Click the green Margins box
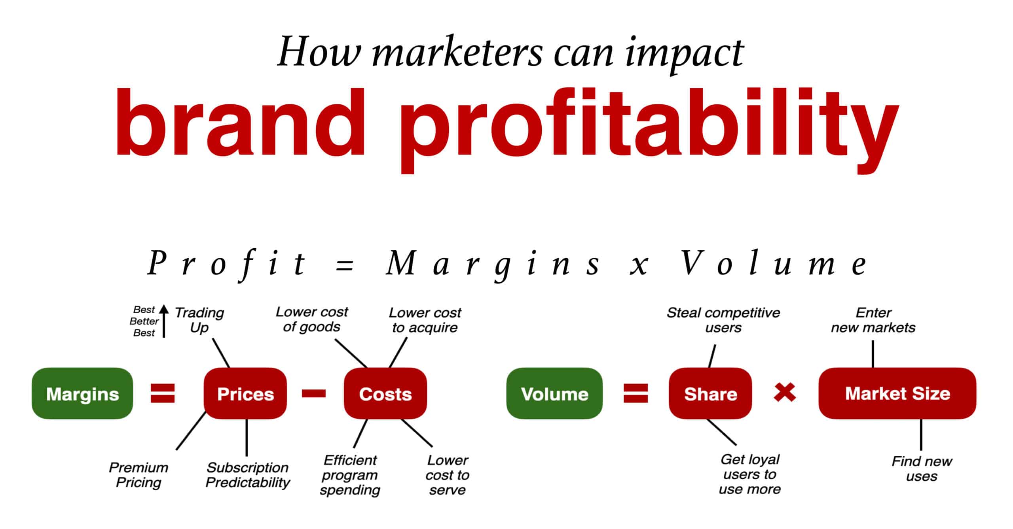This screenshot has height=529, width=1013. [82, 393]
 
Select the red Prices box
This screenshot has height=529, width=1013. [245, 393]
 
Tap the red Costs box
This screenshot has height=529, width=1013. [385, 393]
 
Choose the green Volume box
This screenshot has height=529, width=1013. [554, 393]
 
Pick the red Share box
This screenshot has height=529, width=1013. [710, 393]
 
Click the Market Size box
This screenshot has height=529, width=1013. [897, 393]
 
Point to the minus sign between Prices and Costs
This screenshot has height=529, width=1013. [314, 393]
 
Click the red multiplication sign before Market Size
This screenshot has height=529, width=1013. [785, 393]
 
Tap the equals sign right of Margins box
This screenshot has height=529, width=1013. [163, 393]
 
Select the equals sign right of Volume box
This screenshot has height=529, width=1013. [636, 393]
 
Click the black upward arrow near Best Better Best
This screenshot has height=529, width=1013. [164, 321]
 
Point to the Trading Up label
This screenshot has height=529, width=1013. [199, 320]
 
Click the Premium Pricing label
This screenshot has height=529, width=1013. [138, 475]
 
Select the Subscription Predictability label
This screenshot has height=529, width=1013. [248, 475]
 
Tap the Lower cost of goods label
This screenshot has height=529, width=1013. [312, 319]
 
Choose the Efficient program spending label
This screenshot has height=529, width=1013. [350, 475]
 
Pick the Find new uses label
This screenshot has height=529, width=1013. [922, 469]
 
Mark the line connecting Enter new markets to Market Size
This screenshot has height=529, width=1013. [873, 354]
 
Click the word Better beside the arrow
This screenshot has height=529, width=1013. [144, 321]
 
